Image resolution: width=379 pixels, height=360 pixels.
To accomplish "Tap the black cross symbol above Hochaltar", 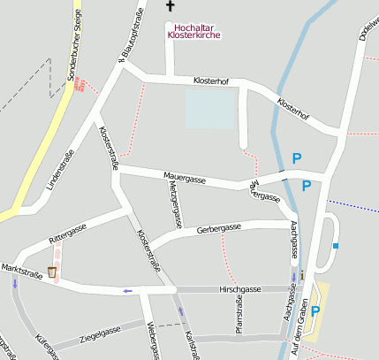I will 171,6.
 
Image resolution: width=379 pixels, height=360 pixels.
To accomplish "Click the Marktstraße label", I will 22,267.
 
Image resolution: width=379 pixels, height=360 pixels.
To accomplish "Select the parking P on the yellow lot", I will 315,311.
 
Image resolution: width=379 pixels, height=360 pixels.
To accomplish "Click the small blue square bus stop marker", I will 336,245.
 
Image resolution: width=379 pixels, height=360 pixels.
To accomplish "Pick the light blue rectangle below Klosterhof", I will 211,111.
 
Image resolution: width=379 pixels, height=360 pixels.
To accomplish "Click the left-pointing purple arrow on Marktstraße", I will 128,290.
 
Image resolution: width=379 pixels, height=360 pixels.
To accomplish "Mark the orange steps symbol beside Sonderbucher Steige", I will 79,84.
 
